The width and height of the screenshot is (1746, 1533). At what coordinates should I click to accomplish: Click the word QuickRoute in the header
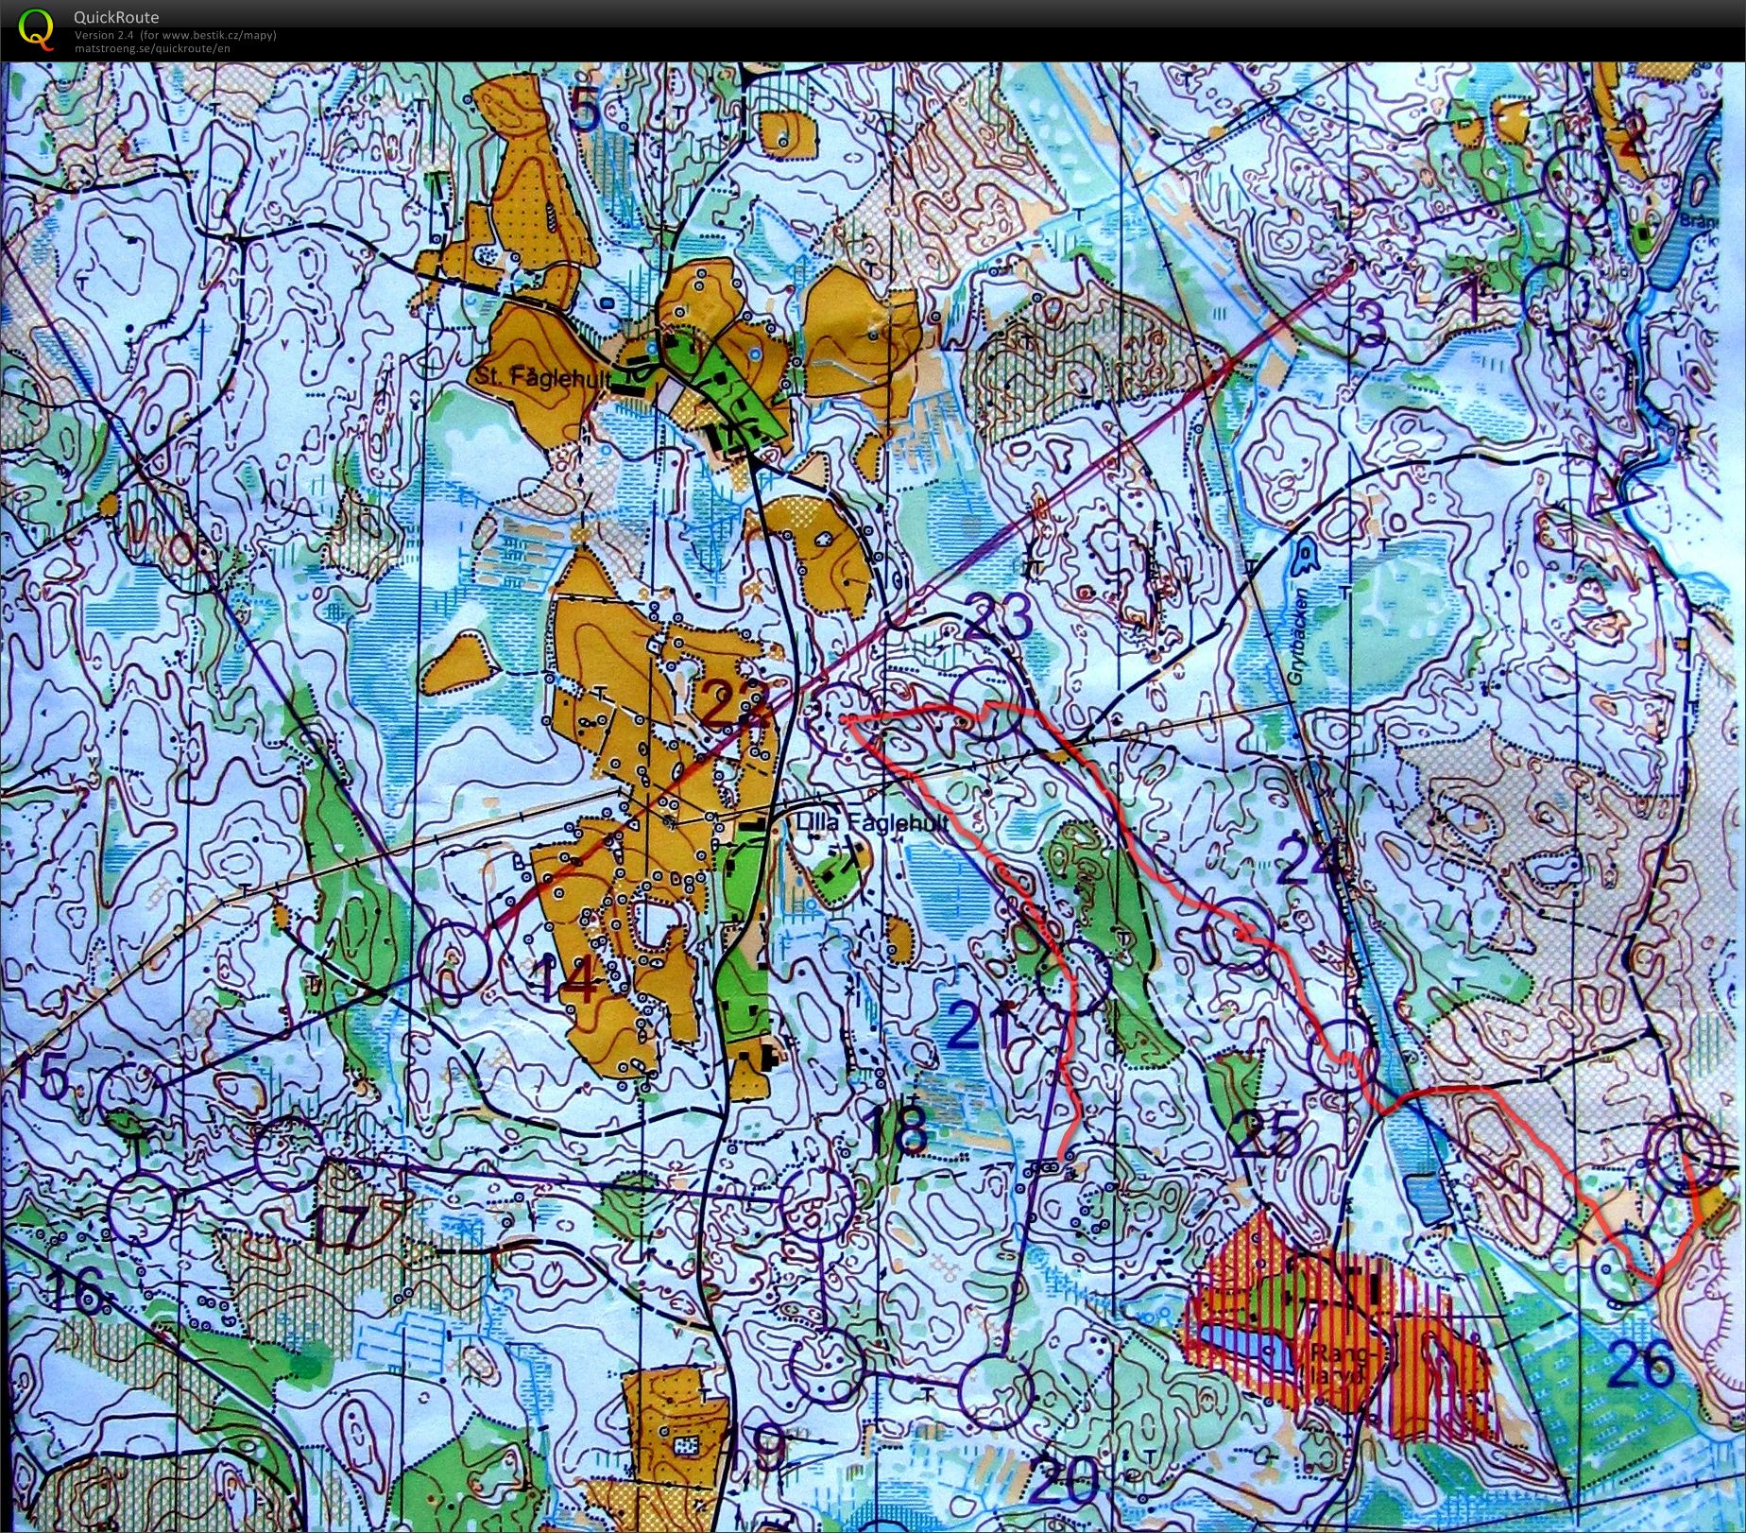(x=116, y=17)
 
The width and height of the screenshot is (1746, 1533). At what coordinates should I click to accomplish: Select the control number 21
(x=975, y=1026)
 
